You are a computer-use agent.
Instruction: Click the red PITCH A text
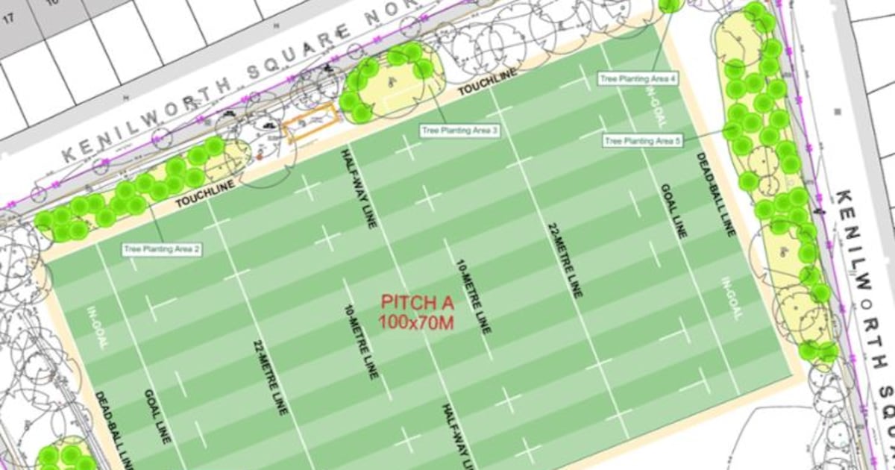tap(418, 303)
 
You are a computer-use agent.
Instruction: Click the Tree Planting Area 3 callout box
tap(459, 131)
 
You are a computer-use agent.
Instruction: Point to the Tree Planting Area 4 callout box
tap(638, 78)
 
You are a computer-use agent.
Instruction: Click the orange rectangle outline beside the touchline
tap(308, 123)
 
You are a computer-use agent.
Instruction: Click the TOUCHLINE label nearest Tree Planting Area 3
tap(477, 89)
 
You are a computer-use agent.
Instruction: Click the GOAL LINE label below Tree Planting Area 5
tap(671, 210)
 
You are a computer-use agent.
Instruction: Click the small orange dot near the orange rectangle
tap(259, 156)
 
